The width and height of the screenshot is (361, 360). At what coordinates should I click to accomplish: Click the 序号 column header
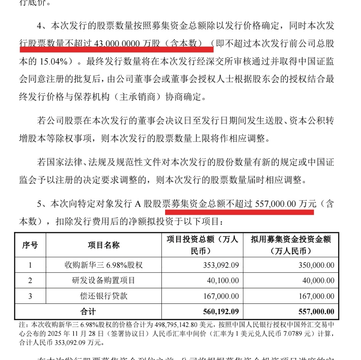click(30, 245)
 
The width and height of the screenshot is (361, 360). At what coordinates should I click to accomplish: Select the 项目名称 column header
click(104, 245)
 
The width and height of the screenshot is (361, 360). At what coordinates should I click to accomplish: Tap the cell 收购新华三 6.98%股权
click(104, 265)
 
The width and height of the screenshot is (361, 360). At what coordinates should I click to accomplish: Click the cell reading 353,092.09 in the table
click(221, 265)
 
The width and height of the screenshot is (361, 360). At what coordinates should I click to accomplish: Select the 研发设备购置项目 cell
click(104, 281)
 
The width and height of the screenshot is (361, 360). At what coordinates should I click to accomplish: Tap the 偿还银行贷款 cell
click(104, 296)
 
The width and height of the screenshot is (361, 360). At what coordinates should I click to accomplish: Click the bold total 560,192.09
click(221, 311)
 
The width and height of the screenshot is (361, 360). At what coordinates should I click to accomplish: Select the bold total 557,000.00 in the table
click(316, 311)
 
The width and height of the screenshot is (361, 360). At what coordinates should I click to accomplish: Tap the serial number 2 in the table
click(30, 281)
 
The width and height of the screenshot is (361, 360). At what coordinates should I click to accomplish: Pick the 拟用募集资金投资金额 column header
click(291, 245)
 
